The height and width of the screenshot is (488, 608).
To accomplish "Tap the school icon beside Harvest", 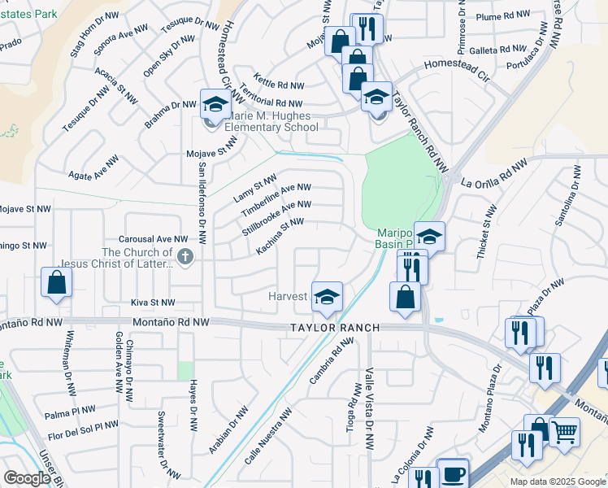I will pyautogui.click(x=326, y=297).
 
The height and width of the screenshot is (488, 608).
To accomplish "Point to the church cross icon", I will pyautogui.click(x=185, y=258).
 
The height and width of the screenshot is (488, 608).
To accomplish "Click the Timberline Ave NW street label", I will pyautogui.click(x=276, y=199).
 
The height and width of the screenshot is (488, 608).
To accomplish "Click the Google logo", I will pyautogui.click(x=27, y=478).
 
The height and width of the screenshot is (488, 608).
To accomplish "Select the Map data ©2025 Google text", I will pyautogui.click(x=557, y=481).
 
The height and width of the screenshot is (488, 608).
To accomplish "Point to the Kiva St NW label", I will pyautogui.click(x=153, y=303).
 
